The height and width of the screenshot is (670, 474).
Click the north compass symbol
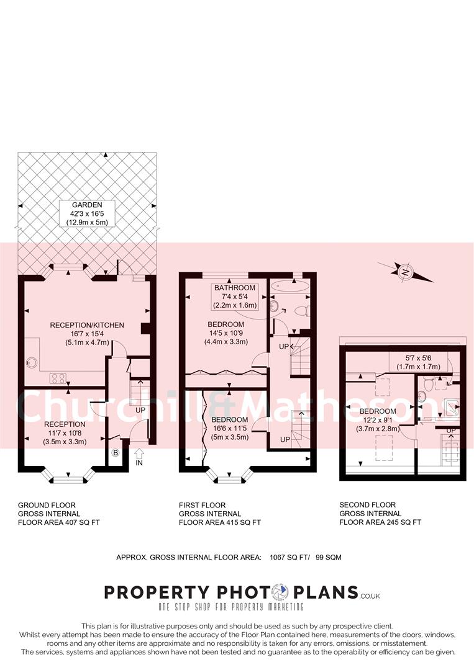tap(405, 272)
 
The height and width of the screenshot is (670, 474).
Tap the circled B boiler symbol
tap(115, 453)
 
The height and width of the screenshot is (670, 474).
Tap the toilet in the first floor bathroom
tap(302, 310)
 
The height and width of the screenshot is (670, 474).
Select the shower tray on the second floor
tap(452, 408)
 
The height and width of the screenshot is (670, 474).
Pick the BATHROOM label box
tap(235, 297)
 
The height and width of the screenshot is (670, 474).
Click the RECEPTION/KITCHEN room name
tap(87, 324)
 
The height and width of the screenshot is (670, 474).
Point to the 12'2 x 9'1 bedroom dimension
tap(377, 420)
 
